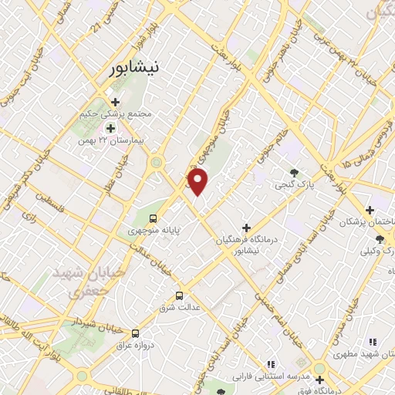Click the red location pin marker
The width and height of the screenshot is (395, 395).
coord(199,182)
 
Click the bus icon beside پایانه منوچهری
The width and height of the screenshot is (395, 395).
coord(153,218)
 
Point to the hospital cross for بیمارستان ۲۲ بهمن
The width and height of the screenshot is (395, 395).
coord(110,129)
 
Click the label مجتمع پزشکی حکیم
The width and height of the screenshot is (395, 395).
coord(116,114)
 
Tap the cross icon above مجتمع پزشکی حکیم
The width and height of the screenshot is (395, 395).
coord(115,101)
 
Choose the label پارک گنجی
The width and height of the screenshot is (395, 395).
coord(293,185)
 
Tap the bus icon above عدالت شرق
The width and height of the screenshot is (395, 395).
coord(180,295)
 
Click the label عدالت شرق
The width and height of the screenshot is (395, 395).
coord(179,307)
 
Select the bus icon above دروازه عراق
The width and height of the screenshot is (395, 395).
coord(136,333)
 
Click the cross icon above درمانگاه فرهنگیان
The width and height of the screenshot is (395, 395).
coord(246,228)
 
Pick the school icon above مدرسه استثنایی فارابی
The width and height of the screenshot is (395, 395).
coord(271,363)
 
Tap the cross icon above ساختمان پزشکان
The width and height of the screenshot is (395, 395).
coord(370,210)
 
